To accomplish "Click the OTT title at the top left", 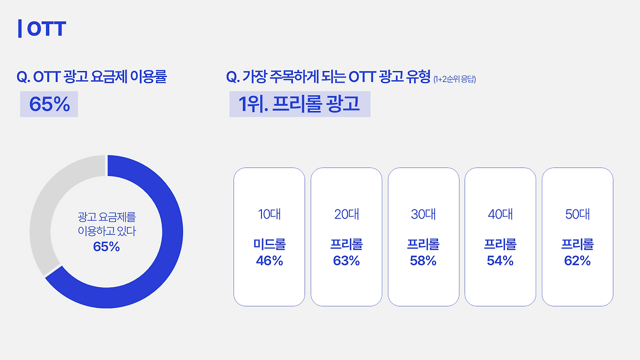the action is pos(46,28).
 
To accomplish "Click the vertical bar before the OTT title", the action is pos(19,28).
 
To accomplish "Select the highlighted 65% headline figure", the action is pos(49,104).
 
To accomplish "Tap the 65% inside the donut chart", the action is pos(106,246).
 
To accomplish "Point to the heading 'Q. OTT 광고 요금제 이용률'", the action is pos(91,76).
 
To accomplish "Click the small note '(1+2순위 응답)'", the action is pos(454,79).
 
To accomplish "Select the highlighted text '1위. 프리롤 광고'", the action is pos(299,103).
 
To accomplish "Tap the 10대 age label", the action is pos(269,214).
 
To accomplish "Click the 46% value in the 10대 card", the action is pos(269,260).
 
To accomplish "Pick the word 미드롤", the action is pos(269,244).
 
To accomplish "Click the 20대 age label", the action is pos(346,214).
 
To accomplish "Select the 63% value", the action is pos(346,260).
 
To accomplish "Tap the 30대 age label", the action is pos(423,214).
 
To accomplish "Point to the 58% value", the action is pos(423,260).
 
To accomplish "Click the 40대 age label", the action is pos(500,214).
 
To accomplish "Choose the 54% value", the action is pos(500,260).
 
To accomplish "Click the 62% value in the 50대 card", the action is pos(577,260).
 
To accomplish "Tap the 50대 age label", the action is pos(577,214).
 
